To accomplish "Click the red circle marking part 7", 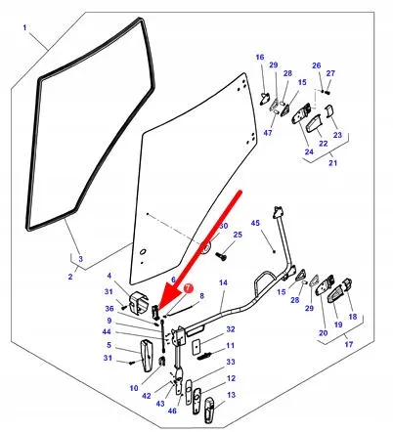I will tap(188, 289).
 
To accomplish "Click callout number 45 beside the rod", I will tap(256, 224).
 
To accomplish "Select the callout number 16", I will tap(261, 58).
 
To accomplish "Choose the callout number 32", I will tap(231, 329).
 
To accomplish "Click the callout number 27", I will tap(329, 72).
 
